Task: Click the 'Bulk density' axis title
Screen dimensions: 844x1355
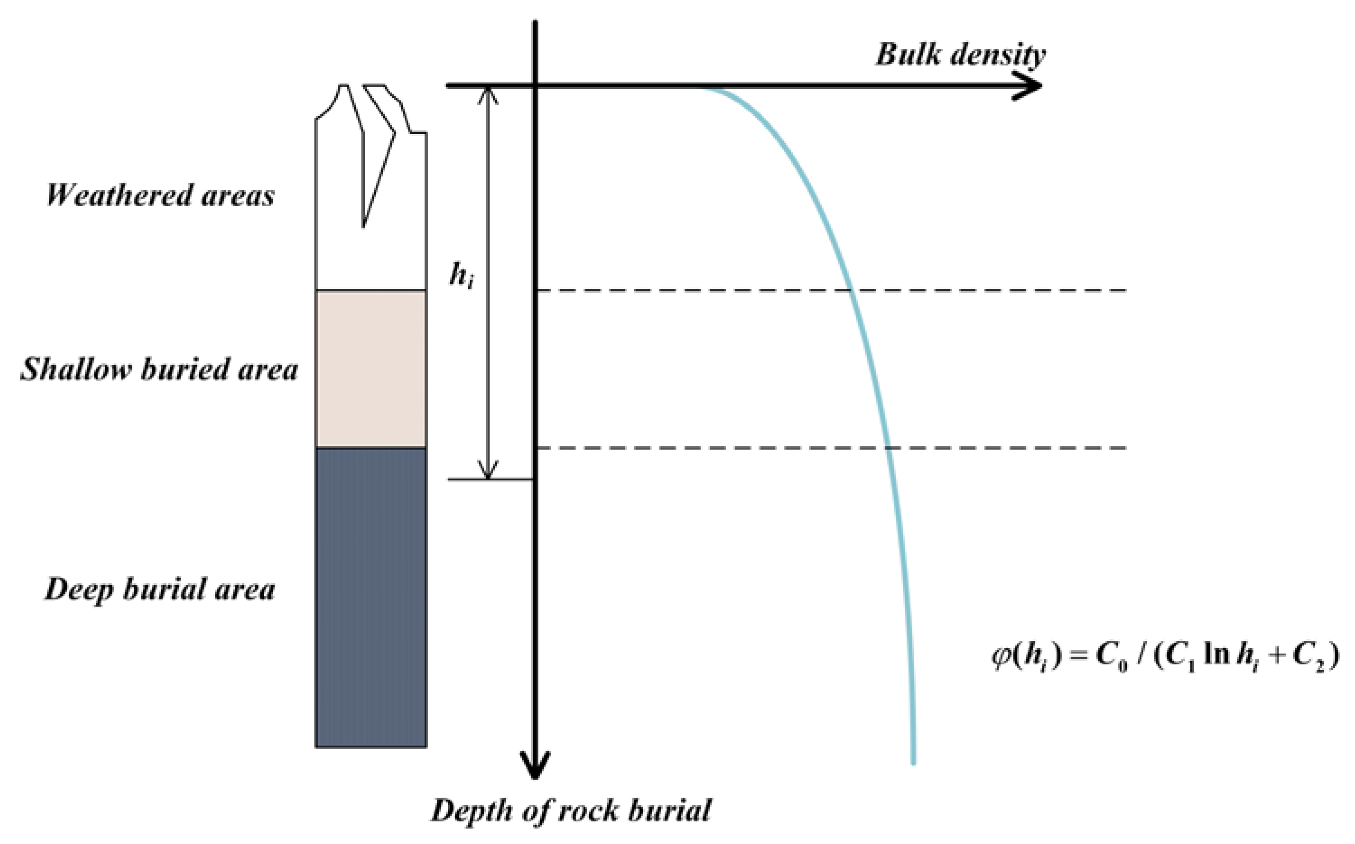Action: click(x=959, y=55)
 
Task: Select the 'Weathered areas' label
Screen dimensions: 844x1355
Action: click(x=160, y=195)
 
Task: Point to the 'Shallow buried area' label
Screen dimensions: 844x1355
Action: click(x=159, y=370)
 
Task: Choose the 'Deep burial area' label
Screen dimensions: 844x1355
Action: click(x=160, y=589)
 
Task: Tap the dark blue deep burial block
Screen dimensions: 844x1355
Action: click(x=371, y=597)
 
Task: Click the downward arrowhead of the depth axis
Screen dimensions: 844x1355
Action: click(x=535, y=768)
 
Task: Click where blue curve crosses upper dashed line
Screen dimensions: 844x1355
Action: click(x=850, y=290)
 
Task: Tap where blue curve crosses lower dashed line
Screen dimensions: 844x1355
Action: click(x=887, y=448)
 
